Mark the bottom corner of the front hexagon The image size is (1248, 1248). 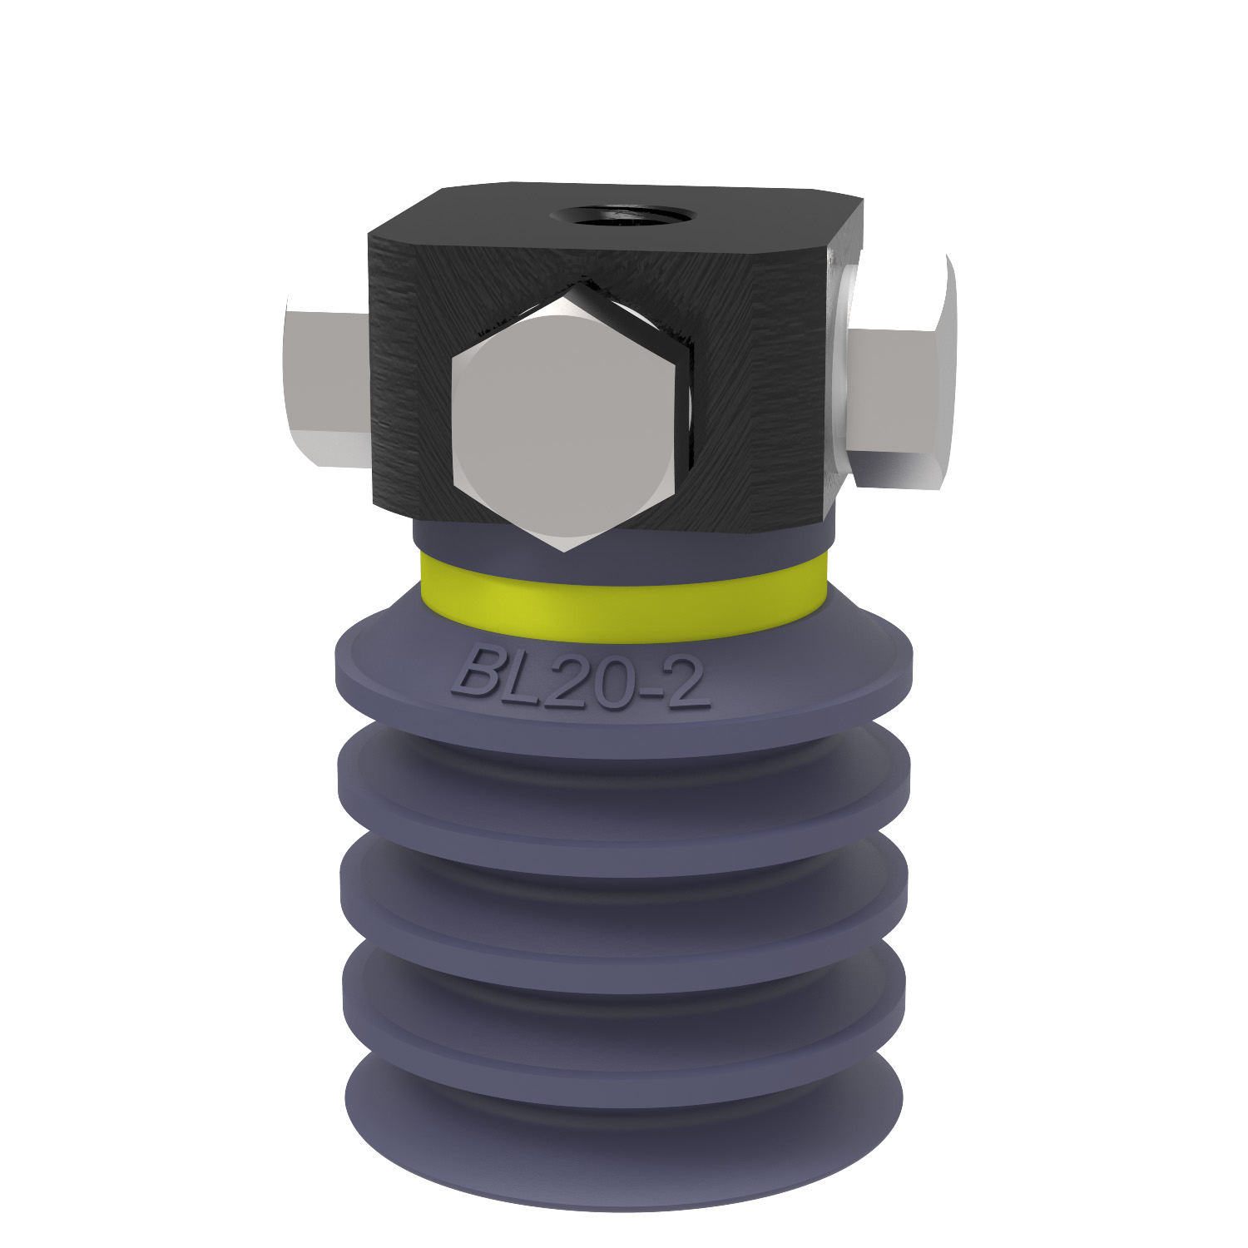click(564, 549)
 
